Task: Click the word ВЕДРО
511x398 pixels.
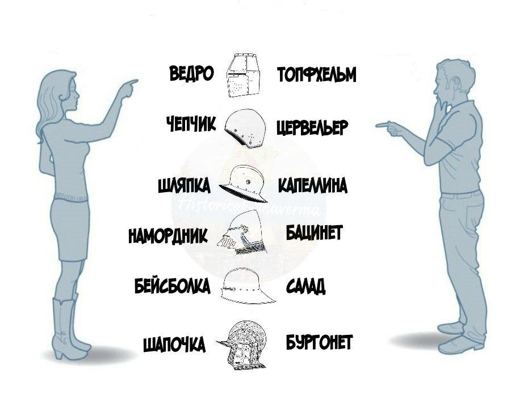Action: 191,74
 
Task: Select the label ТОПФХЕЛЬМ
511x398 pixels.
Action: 317,75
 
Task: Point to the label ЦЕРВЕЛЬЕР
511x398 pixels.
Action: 312,127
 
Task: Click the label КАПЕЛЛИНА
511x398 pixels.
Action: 312,186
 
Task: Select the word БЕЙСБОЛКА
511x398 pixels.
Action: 172,285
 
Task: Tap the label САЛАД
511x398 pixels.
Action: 306,287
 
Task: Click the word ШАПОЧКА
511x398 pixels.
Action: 174,344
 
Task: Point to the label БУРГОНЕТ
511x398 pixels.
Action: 319,342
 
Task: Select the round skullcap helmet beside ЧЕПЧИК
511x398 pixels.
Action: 245,128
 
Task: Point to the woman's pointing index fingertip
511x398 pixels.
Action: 136,81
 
